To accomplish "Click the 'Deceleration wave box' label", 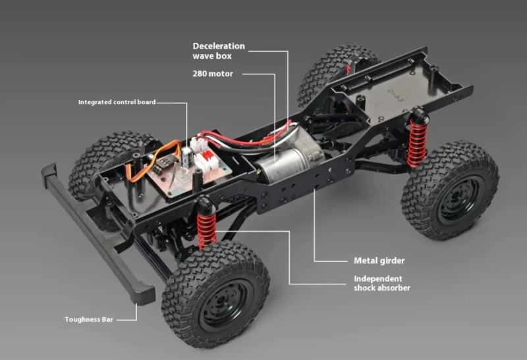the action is pyautogui.click(x=219, y=51).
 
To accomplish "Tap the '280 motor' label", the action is pyautogui.click(x=213, y=74).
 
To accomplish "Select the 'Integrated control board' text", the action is pyautogui.click(x=117, y=102).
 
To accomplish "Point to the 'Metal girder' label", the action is pyautogui.click(x=379, y=261).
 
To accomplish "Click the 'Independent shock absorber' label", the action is pyautogui.click(x=382, y=283).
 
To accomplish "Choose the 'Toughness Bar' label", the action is pyautogui.click(x=89, y=319).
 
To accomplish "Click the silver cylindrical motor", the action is pyautogui.click(x=286, y=165).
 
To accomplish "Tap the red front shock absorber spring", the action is pyautogui.click(x=207, y=230).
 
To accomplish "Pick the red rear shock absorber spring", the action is pyautogui.click(x=417, y=143).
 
